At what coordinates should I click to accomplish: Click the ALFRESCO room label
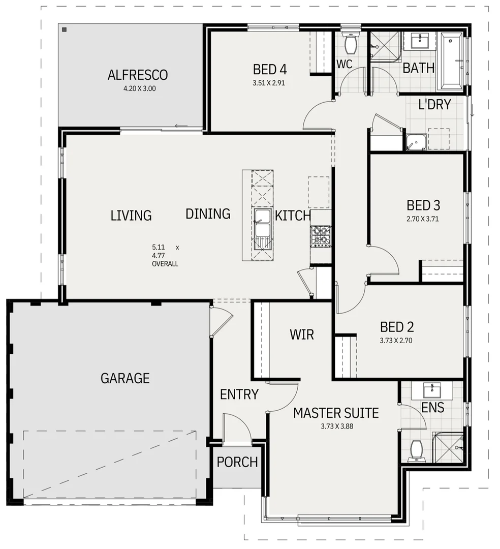coord(137,75)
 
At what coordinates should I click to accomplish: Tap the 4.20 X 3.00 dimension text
coord(137,88)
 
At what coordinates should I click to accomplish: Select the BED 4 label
coord(270,69)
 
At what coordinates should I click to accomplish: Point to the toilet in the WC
coord(350,44)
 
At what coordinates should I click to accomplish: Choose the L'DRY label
coord(434,105)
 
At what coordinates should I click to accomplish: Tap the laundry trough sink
coord(416,142)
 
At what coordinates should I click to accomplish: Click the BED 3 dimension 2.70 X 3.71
coord(423,219)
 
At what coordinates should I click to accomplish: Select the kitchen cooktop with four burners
coord(321,236)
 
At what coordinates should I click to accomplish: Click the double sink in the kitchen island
coord(262,223)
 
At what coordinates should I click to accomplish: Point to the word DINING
coord(208,214)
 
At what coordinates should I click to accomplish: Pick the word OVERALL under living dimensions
coord(165,264)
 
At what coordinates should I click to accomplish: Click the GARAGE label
coord(125,378)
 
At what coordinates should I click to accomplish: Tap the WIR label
coord(302,334)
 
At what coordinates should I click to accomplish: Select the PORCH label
coord(237,462)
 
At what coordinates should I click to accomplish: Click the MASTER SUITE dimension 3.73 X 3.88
coord(336,426)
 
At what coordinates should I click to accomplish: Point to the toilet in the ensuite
coord(416,450)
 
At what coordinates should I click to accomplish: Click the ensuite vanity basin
coord(431,390)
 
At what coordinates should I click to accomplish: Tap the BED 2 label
coord(397,327)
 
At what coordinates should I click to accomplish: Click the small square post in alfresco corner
coord(65,30)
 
